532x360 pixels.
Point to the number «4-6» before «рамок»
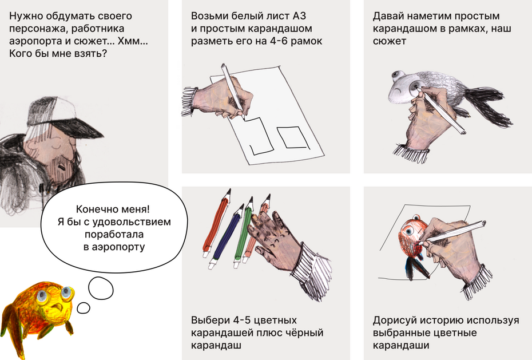point(278,41)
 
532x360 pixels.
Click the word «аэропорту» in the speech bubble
point(114,247)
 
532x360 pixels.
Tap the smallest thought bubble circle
point(84,308)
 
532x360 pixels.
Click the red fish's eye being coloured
point(408,231)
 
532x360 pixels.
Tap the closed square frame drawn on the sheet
point(293,137)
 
